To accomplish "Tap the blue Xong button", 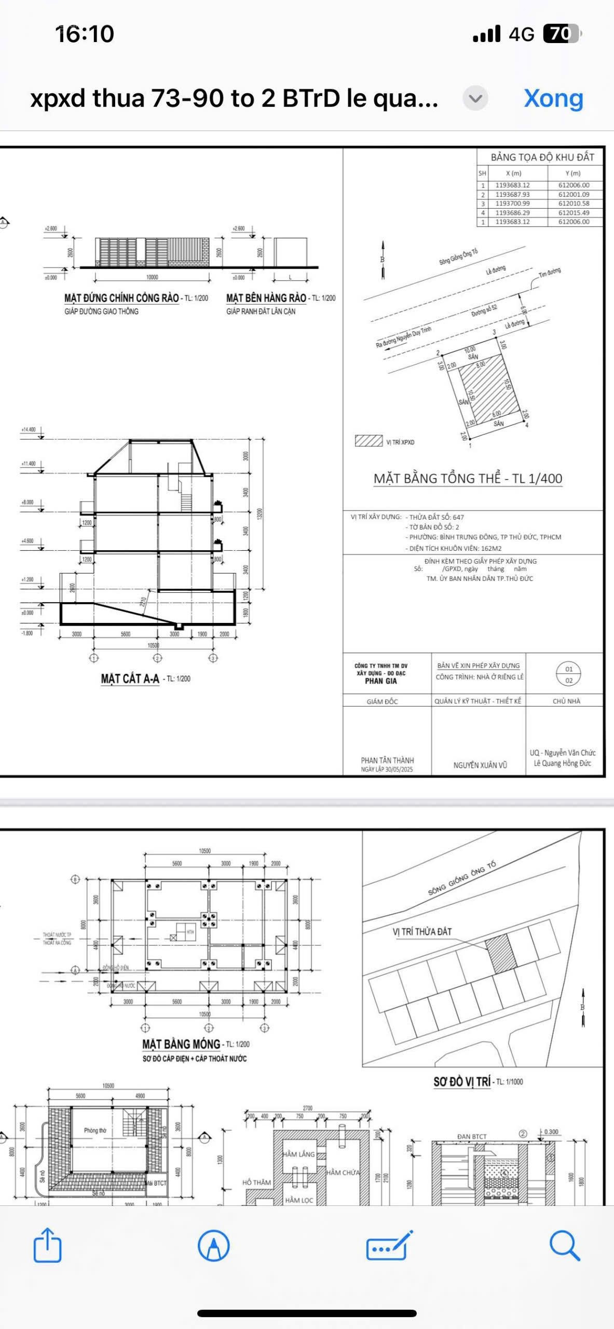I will [x=553, y=98].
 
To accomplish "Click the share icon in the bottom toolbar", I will [x=47, y=1245].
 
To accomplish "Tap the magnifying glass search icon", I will [x=564, y=1245].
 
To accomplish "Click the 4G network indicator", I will [x=521, y=34].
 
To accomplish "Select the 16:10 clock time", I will [x=85, y=34].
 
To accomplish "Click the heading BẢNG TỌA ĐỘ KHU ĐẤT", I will [x=542, y=157].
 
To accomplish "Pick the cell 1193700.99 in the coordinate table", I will [x=512, y=204].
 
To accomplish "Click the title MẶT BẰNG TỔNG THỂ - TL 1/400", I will [x=468, y=478].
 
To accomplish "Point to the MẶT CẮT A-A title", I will [x=130, y=679].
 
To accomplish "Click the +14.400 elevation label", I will [x=29, y=429].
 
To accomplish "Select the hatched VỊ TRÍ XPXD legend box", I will [x=369, y=441].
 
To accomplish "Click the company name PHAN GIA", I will [x=380, y=681].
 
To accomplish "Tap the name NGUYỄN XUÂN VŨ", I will [x=480, y=765].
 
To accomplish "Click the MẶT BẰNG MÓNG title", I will [x=181, y=1043].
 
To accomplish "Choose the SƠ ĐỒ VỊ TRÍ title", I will [x=462, y=1081].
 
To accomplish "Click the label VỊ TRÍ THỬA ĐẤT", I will [x=422, y=931].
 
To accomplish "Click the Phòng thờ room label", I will [x=95, y=1130].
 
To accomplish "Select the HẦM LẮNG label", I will [x=298, y=1154].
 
